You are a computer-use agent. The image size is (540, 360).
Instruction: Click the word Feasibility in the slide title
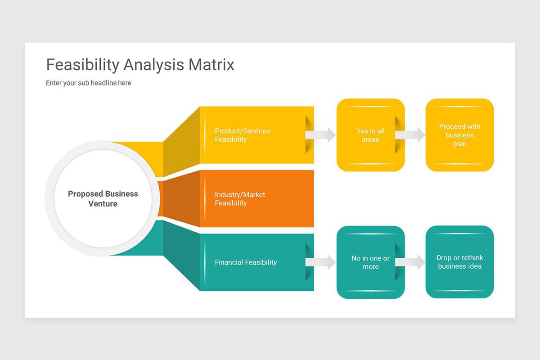point(82,65)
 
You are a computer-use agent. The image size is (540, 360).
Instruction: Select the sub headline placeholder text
point(89,83)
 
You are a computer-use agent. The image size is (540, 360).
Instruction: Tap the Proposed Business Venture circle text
point(103,198)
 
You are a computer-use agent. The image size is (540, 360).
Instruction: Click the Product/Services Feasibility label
point(242,135)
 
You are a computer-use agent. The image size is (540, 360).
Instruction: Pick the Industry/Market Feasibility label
point(240,198)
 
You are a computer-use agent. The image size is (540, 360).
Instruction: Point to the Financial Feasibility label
point(246,262)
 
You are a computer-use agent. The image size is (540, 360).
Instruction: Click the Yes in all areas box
point(370,135)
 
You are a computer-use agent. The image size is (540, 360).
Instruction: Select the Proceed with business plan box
point(459,135)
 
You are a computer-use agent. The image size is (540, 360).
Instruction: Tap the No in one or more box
point(370,262)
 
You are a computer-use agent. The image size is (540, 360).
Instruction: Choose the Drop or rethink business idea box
point(459,262)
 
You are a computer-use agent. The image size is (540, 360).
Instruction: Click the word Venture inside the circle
point(103,204)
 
